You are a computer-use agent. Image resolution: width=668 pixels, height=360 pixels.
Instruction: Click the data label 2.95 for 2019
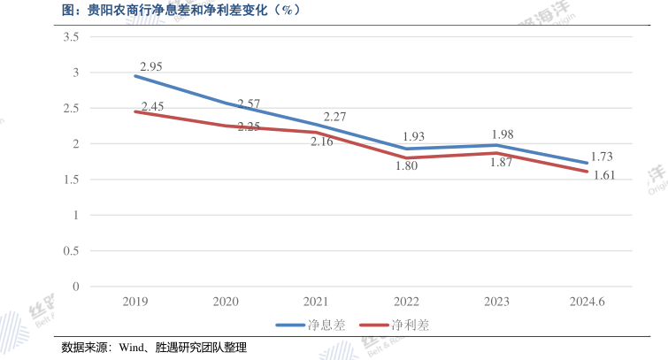151,66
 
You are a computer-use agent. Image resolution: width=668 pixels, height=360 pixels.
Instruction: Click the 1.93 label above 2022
413,137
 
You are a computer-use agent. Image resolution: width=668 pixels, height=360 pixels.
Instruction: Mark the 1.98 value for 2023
502,134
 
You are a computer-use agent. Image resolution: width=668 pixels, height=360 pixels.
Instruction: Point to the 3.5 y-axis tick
72,37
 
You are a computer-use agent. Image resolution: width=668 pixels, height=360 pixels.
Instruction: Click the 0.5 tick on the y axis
72,250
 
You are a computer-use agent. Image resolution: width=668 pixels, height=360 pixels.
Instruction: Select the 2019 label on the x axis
134,302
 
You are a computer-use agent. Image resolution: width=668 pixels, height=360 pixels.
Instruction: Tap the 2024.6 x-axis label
587,302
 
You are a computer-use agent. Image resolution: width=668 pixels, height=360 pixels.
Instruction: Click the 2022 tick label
406,302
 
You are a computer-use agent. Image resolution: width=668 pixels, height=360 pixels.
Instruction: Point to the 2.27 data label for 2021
335,117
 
